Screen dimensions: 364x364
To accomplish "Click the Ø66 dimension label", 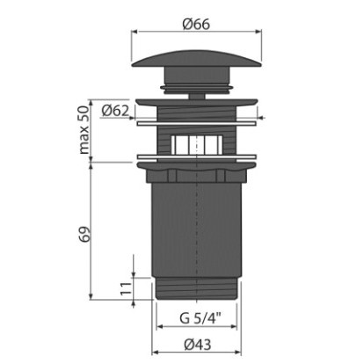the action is point(196,24).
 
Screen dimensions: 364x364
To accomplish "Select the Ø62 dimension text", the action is point(115,111).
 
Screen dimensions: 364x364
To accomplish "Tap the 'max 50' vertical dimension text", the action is point(84,130).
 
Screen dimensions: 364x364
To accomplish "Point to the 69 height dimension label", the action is point(84,234).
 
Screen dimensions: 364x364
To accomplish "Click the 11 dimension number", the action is point(126,288).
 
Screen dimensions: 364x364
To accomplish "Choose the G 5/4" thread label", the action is point(200,318).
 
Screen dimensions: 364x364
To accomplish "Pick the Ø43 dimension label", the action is point(198,345).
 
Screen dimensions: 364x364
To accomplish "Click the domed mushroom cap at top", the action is point(196,59).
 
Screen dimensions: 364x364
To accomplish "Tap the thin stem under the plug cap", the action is point(197,97).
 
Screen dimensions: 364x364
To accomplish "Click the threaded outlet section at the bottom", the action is point(196,288).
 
